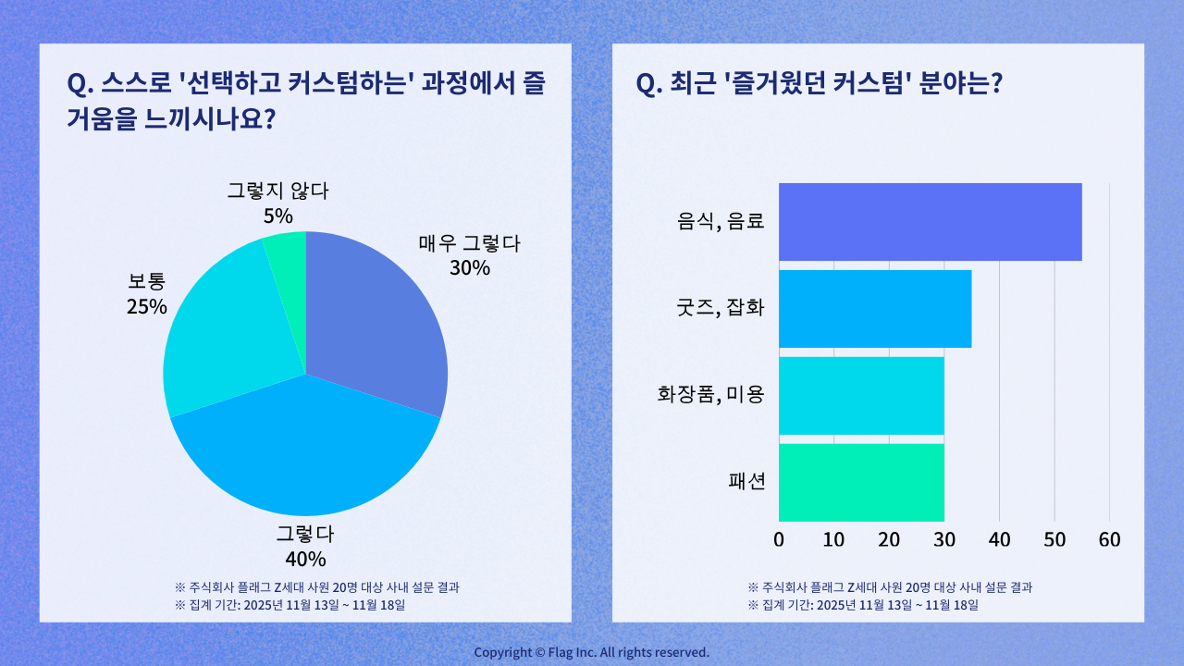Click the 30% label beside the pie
[470, 268]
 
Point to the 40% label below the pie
[305, 559]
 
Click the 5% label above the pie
[277, 216]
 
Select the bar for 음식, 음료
[930, 222]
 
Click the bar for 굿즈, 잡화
[874, 309]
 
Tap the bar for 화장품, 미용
[860, 396]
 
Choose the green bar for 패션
[860, 482]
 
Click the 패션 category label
[747, 482]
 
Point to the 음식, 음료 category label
[721, 222]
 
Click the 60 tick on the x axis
[1109, 539]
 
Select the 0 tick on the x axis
[779, 539]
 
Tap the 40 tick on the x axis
[999, 539]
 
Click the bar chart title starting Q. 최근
[820, 84]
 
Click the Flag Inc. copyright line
[592, 652]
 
